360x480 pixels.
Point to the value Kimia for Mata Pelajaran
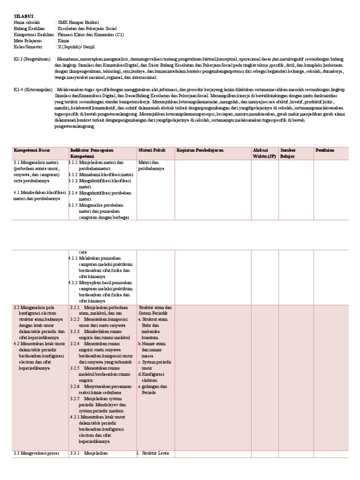64,41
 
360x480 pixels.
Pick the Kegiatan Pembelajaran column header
200,150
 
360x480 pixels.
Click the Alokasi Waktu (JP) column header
264,153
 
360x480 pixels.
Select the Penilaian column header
325,150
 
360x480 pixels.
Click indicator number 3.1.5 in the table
73,205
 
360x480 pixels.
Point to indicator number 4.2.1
74,417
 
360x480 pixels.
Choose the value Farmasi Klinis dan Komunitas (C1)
90,35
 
